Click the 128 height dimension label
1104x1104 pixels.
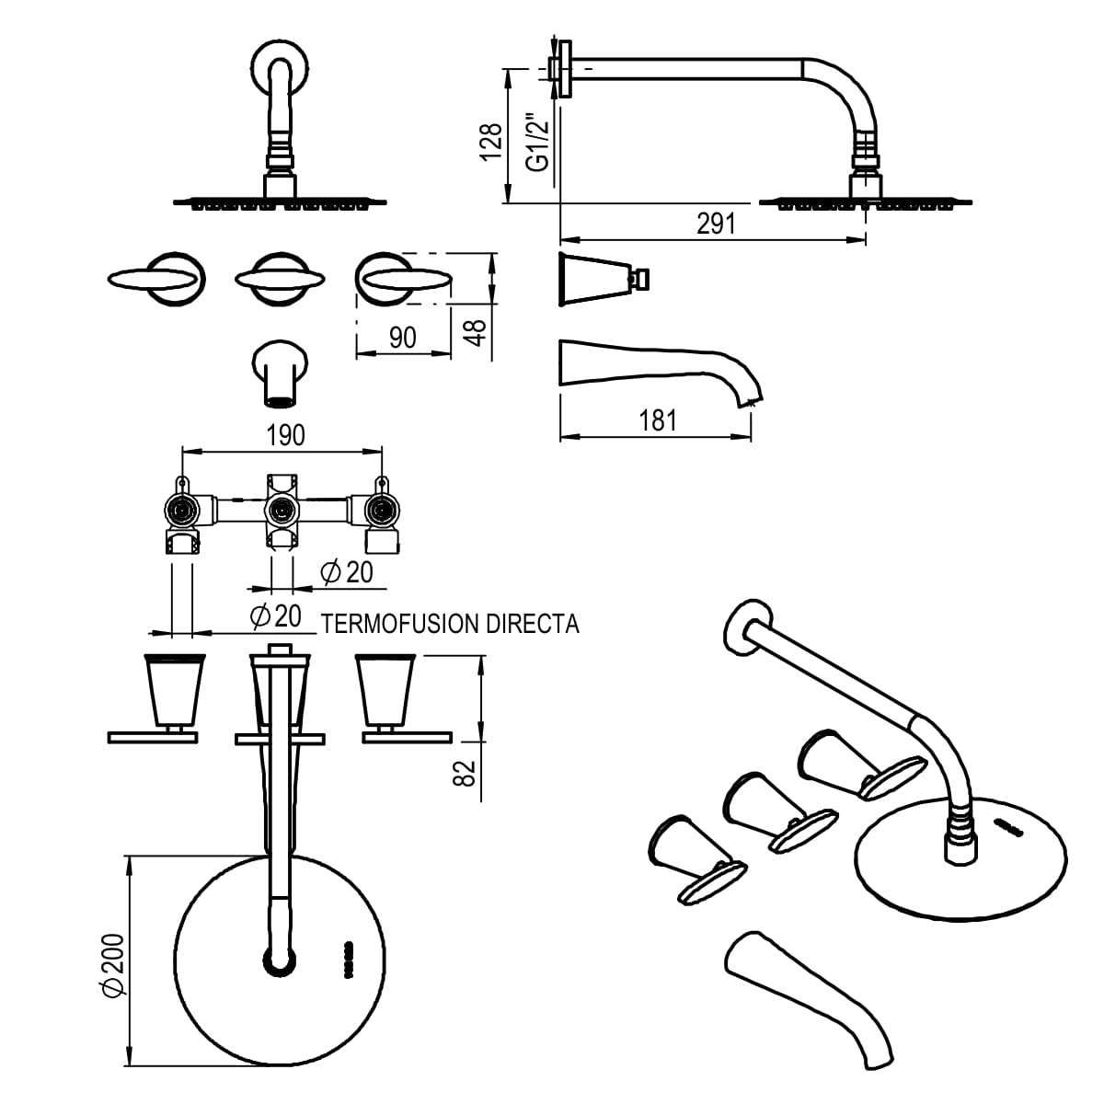pyautogui.click(x=491, y=142)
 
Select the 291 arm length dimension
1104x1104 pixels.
pyautogui.click(x=716, y=224)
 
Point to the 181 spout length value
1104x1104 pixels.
pyautogui.click(x=658, y=420)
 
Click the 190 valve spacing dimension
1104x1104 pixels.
pyautogui.click(x=286, y=435)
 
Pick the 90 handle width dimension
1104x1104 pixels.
pyautogui.click(x=403, y=338)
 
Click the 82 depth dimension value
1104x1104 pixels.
pyautogui.click(x=465, y=773)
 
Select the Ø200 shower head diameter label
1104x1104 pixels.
pyautogui.click(x=113, y=965)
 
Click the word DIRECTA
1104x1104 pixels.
pyautogui.click(x=533, y=624)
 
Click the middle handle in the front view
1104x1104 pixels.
pyautogui.click(x=281, y=280)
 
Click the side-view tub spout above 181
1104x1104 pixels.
pyautogui.click(x=661, y=373)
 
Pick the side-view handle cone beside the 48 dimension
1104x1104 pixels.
pyautogui.click(x=604, y=279)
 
